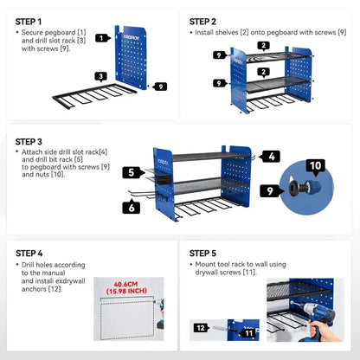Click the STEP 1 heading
pyautogui.click(x=29, y=22)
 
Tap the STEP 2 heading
pyautogui.click(x=202, y=22)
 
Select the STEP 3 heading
pyautogui.click(x=29, y=142)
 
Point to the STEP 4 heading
pyautogui.click(x=29, y=254)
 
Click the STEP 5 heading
pyautogui.click(x=202, y=254)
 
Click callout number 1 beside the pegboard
pyautogui.click(x=102, y=38)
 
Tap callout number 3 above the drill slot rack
pyautogui.click(x=101, y=77)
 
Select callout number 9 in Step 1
pyautogui.click(x=160, y=87)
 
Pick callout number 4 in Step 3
pyautogui.click(x=270, y=157)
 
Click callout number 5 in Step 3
pyautogui.click(x=132, y=172)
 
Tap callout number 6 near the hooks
pyautogui.click(x=132, y=207)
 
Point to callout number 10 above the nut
pyautogui.click(x=315, y=166)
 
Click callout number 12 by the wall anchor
pyautogui.click(x=202, y=328)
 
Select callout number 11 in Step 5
pyautogui.click(x=248, y=333)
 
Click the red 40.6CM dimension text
pyautogui.click(x=125, y=284)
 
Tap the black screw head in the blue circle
pyautogui.click(x=298, y=189)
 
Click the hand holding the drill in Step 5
pyautogui.click(x=326, y=332)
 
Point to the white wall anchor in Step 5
pyautogui.click(x=221, y=328)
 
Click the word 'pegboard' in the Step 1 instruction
pyautogui.click(x=61, y=33)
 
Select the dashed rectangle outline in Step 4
pyautogui.click(x=100, y=318)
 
